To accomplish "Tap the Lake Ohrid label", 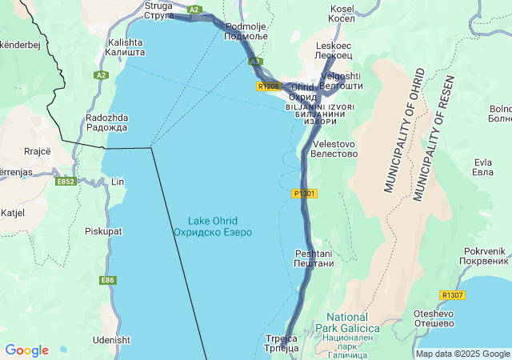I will pyautogui.click(x=213, y=226).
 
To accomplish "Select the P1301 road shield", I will pyautogui.click(x=305, y=194).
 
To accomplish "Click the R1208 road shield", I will pyautogui.click(x=269, y=86).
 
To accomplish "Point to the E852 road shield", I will pyautogui.click(x=66, y=182).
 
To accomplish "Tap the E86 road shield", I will pyautogui.click(x=108, y=280).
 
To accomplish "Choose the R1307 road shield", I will pyautogui.click(x=452, y=295).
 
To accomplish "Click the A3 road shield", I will pyautogui.click(x=255, y=61).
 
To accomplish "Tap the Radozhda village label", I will pyautogui.click(x=106, y=122).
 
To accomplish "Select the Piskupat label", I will pyautogui.click(x=104, y=231).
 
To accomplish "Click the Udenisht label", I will pyautogui.click(x=112, y=340).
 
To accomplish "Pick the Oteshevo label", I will pyautogui.click(x=435, y=318).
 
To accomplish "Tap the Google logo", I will pyautogui.click(x=26, y=350).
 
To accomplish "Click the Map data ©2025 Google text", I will pyautogui.click(x=462, y=354).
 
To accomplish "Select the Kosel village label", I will pyautogui.click(x=342, y=14).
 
